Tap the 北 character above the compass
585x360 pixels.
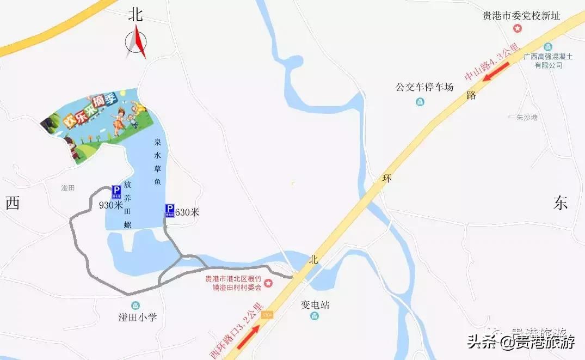[136, 14]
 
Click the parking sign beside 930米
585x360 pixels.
[116, 191]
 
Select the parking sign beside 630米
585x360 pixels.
[170, 210]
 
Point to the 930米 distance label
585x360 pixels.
[110, 205]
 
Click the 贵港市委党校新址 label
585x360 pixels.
[521, 16]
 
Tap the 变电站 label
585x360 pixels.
[315, 305]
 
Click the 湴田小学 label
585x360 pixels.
[138, 317]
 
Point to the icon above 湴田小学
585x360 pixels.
[135, 306]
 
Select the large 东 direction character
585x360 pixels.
[561, 203]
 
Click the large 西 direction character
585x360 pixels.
[13, 204]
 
